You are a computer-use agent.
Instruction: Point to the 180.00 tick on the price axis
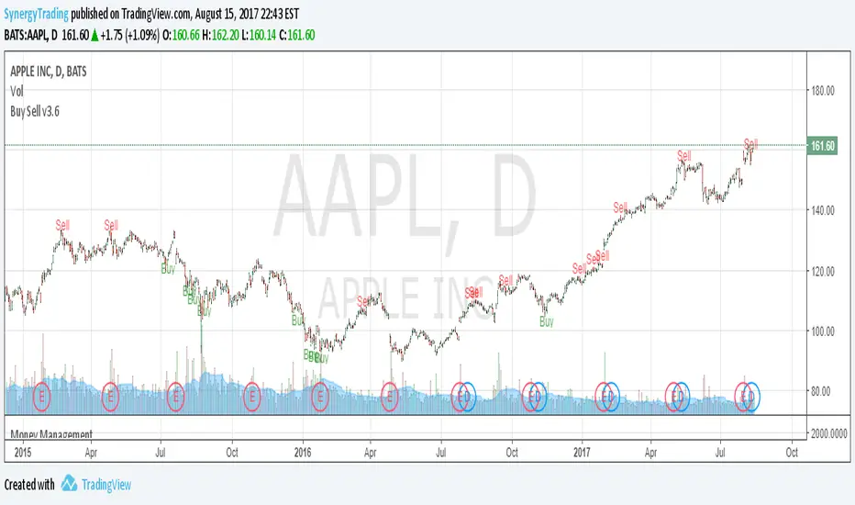[x=822, y=91]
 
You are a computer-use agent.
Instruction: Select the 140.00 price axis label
[x=822, y=210]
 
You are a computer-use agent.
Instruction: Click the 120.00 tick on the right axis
[x=822, y=272]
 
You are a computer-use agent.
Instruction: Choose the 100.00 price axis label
[x=822, y=331]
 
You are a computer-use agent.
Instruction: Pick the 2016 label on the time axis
[x=303, y=452]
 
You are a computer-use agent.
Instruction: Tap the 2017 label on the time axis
[x=583, y=452]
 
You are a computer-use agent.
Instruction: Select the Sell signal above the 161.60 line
[x=750, y=142]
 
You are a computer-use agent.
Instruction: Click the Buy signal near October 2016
[x=547, y=322]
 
